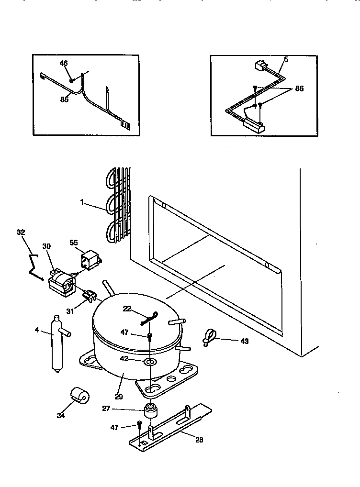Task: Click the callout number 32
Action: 21,232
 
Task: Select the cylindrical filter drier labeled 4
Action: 56,343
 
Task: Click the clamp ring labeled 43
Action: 209,336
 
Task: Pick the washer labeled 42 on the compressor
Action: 150,359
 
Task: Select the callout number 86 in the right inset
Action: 299,89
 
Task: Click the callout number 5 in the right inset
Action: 286,59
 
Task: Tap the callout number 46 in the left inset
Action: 64,63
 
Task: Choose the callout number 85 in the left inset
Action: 64,100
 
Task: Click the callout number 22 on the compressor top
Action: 126,309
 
